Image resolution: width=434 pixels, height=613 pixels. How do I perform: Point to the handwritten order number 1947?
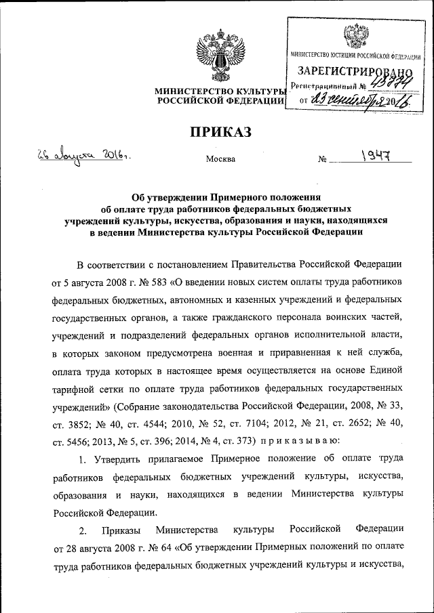pyautogui.click(x=374, y=157)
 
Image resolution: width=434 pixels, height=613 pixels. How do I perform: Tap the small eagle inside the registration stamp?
pyautogui.click(x=353, y=35)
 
